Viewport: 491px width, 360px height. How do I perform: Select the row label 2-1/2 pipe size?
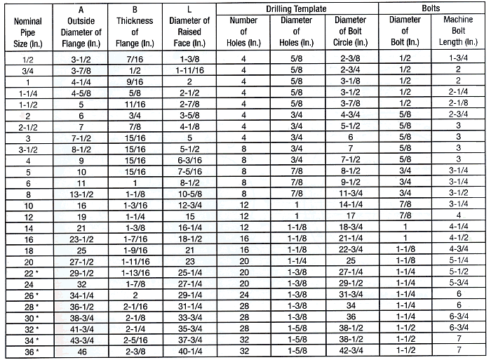(x=27, y=126)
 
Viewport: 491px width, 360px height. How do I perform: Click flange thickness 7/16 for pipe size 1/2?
(x=135, y=60)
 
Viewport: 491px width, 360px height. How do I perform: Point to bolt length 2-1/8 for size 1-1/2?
(x=457, y=104)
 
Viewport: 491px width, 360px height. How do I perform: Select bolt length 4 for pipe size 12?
(x=457, y=215)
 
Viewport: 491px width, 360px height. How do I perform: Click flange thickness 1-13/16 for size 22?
(x=135, y=270)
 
